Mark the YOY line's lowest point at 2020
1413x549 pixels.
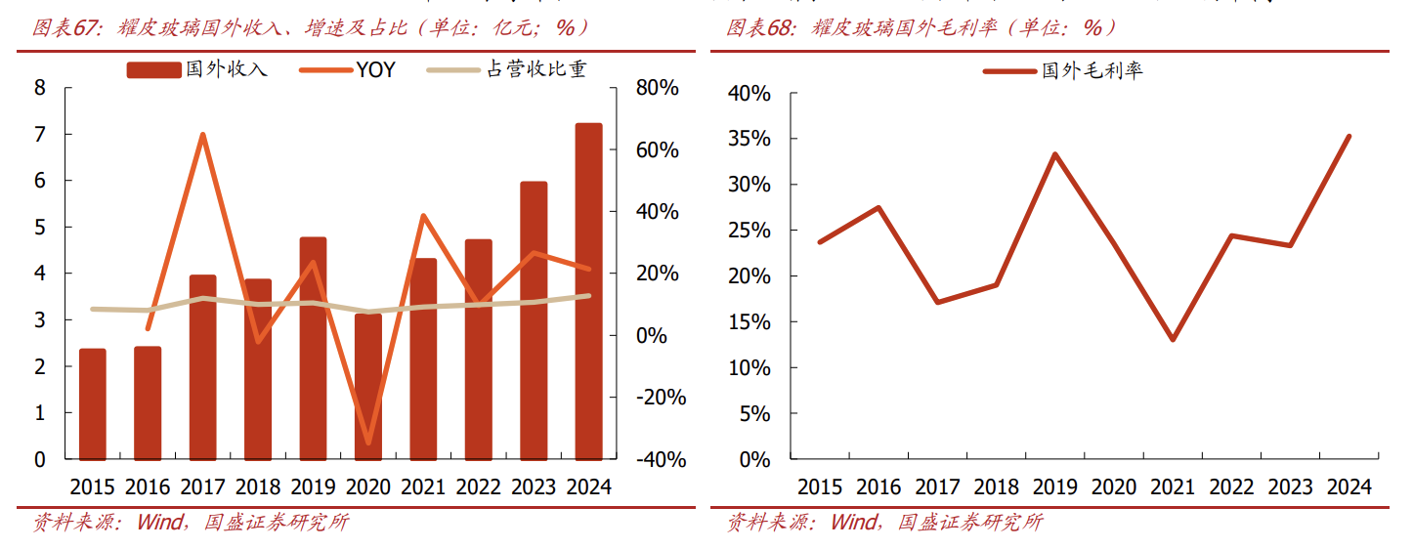[x=368, y=443]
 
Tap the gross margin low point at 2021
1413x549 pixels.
[x=1173, y=340]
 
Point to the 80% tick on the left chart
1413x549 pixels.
[x=657, y=88]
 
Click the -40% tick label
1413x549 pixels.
[x=660, y=459]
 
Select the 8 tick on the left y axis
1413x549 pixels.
[x=40, y=88]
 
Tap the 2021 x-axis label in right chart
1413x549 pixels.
[x=1173, y=486]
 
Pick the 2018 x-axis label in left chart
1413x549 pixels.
[x=258, y=486]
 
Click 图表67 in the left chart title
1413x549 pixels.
[x=66, y=27]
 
